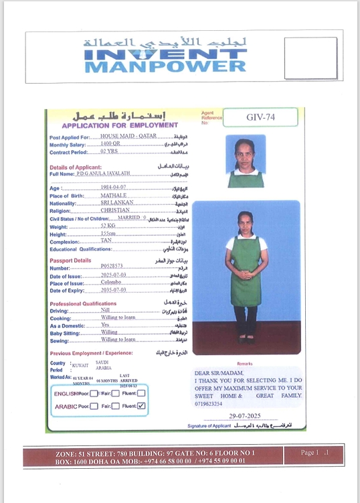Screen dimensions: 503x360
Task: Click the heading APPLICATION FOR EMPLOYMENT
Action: [x=120, y=125]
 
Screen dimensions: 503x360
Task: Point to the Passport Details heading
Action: [x=70, y=260]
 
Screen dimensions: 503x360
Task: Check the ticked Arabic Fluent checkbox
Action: [x=141, y=406]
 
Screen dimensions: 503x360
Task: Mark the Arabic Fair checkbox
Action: [x=116, y=406]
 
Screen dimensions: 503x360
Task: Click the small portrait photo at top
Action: [x=245, y=161]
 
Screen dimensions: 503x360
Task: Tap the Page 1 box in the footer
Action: [x=314, y=453]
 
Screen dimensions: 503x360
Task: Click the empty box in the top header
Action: [x=310, y=58]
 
